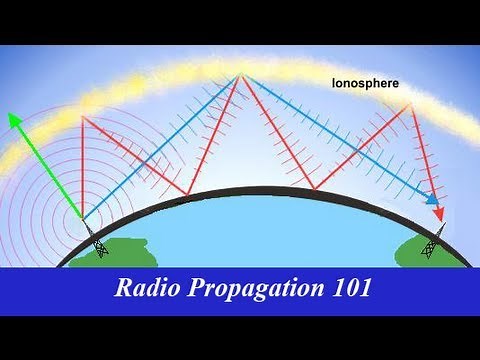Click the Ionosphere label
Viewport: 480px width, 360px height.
coord(366,85)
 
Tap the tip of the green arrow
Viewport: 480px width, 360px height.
coord(11,113)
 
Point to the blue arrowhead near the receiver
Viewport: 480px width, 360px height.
coord(433,200)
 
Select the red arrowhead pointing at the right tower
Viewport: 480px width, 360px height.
coord(438,215)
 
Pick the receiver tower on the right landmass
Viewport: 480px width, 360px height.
coord(431,243)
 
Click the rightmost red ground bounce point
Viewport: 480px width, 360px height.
coord(315,189)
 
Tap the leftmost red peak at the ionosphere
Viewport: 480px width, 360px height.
coord(83,116)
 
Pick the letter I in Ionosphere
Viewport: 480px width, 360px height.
coord(335,85)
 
